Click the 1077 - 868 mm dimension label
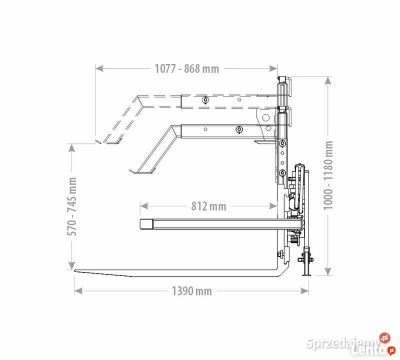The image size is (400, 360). (x=186, y=68)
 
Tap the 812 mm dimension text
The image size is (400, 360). (x=208, y=206)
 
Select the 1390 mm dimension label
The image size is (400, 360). (x=191, y=291)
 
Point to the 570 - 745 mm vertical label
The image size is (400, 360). (x=72, y=206)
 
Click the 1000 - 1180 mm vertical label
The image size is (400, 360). (x=328, y=175)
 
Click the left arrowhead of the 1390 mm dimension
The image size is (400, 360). (x=78, y=290)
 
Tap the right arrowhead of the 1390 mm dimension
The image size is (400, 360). (x=305, y=290)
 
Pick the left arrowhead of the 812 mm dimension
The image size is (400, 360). (x=144, y=206)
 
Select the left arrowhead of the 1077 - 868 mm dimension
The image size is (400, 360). (x=99, y=68)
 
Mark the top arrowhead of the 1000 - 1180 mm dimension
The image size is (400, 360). (x=328, y=80)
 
